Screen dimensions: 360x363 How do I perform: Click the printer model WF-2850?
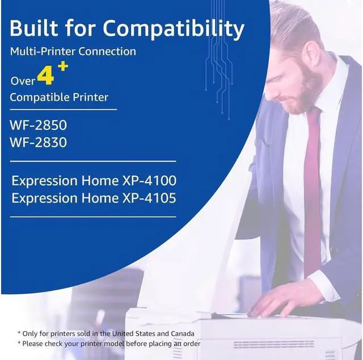(38, 124)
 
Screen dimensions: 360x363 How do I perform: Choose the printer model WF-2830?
(38, 142)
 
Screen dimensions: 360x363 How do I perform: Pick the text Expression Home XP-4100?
(94, 181)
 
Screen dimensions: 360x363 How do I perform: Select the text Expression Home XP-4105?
(94, 198)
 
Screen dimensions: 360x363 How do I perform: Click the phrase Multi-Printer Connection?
(73, 52)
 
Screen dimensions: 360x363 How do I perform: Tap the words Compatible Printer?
(59, 97)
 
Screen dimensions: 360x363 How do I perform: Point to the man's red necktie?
(312, 187)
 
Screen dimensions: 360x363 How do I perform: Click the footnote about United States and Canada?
(106, 333)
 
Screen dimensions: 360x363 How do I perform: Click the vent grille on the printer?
(289, 344)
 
